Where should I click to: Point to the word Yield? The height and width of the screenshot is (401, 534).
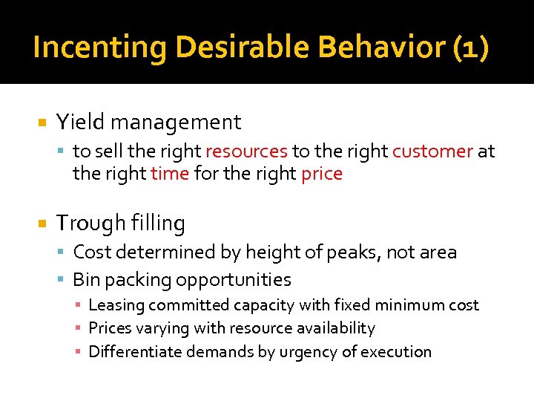pos(77,122)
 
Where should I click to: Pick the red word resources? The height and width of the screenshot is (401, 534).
pos(246,151)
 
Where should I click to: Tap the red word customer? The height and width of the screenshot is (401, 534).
pos(432,151)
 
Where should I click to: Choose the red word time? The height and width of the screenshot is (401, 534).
pos(169,174)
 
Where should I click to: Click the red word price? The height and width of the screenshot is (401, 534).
pos(322,174)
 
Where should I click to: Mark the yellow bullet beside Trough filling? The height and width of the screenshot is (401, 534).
pos(42,223)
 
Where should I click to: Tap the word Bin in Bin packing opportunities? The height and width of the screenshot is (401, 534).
pos(86,280)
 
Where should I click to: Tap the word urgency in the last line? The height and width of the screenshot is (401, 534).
pos(307,351)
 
